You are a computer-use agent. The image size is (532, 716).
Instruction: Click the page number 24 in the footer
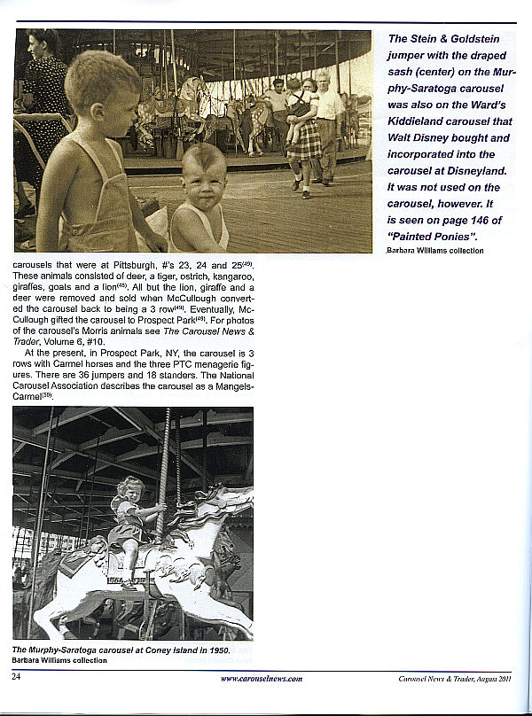tap(16, 677)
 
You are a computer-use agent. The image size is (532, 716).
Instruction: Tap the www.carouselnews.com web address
tap(262, 678)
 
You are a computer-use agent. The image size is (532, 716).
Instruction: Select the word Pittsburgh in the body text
tap(135, 265)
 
